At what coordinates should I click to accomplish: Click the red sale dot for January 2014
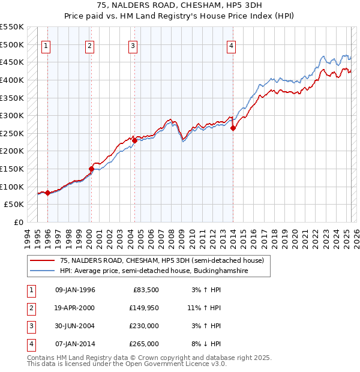(233, 128)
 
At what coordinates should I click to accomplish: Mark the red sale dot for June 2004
(135, 140)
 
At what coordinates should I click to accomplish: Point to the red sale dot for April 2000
(92, 169)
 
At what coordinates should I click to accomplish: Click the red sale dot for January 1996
(47, 193)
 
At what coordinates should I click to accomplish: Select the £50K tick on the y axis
(14, 205)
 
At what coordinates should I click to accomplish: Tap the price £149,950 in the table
(144, 308)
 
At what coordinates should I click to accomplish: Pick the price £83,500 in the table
(146, 290)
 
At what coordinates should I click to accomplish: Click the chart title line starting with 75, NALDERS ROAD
(179, 5)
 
